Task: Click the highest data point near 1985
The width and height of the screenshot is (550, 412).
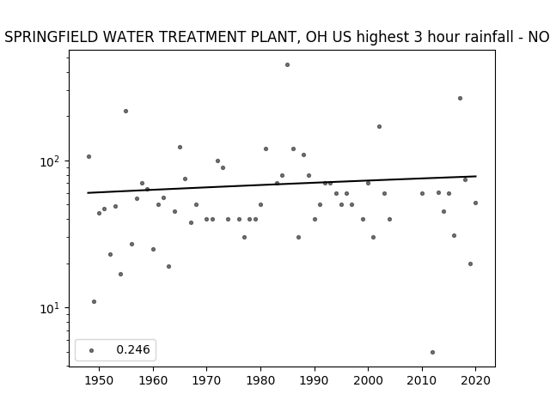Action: tap(287, 65)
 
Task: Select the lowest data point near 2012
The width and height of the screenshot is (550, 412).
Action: tap(432, 353)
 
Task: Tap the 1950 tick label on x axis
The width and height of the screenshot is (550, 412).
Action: tap(100, 380)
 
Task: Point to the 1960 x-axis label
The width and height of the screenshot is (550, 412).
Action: tap(153, 380)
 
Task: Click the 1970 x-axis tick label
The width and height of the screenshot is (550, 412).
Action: tap(207, 380)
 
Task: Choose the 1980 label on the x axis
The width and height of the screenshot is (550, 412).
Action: tap(260, 380)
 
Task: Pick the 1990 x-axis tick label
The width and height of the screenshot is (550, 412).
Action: tap(315, 380)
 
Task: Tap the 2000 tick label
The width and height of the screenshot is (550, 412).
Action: tap(369, 380)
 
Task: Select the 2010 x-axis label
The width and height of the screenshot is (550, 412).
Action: tap(422, 380)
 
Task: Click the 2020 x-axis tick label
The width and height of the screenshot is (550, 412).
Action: tap(475, 380)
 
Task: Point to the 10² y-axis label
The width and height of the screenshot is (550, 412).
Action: tap(51, 162)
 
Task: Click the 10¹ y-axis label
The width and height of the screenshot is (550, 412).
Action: tap(51, 309)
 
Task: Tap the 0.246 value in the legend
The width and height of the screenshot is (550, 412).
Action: tap(133, 349)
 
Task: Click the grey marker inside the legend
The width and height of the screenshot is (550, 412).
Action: tap(92, 351)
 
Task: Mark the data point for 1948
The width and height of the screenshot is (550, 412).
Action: tap(89, 156)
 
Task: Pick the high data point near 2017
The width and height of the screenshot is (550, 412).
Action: tap(461, 99)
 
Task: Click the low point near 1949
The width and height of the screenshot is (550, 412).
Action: tap(94, 301)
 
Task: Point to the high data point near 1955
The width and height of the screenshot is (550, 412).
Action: tap(126, 111)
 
